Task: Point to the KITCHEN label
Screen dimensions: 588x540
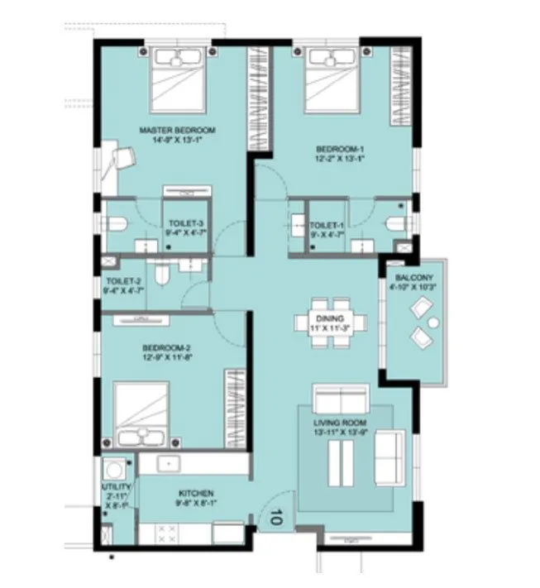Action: (x=195, y=496)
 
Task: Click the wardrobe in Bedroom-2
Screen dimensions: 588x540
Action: (x=234, y=406)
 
